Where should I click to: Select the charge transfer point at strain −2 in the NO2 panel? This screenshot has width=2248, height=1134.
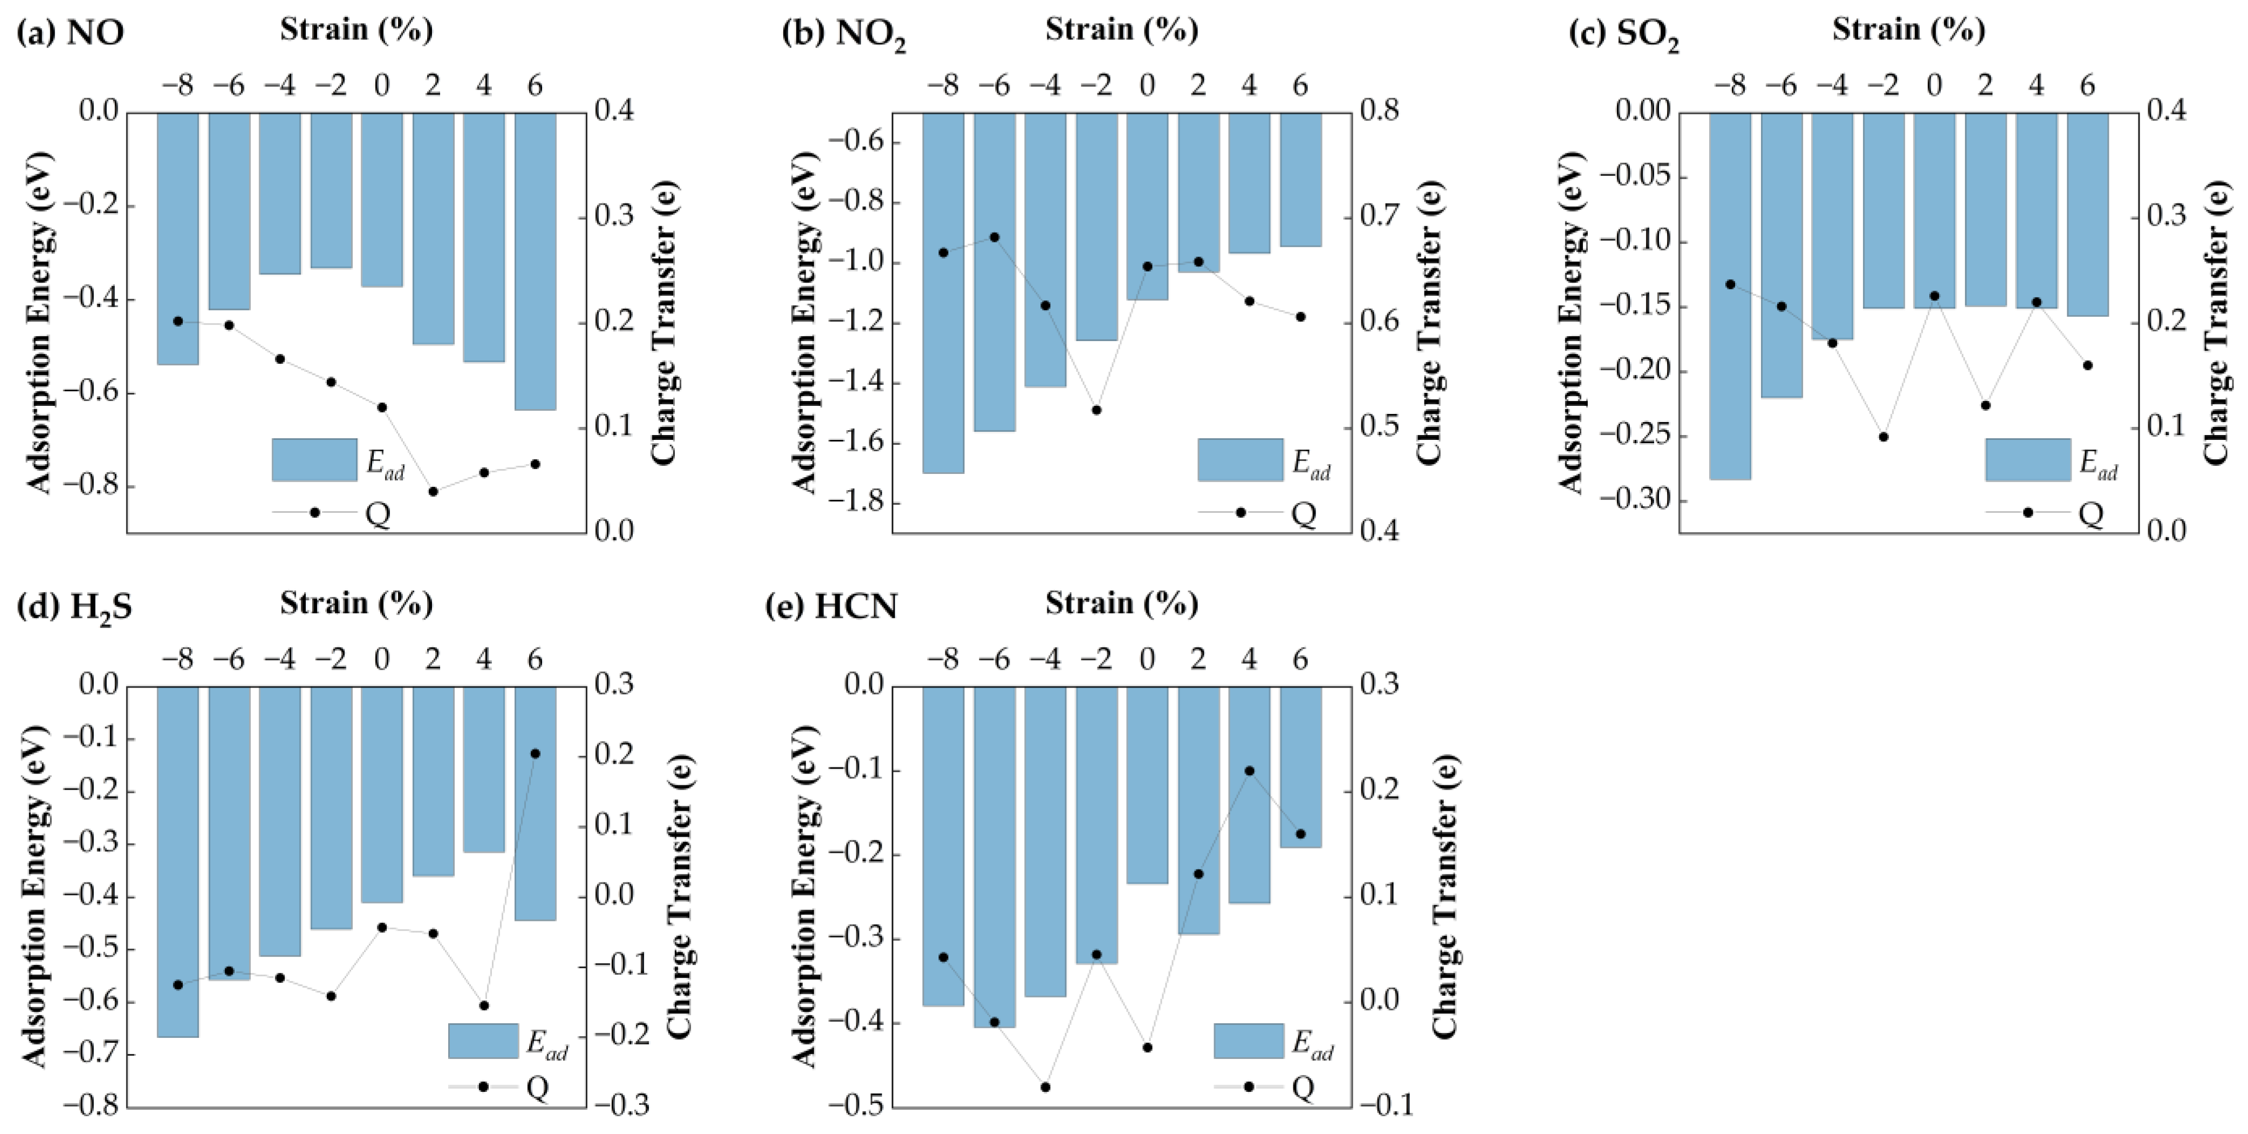click(x=1096, y=410)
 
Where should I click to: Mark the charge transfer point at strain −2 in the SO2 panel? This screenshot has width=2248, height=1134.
click(x=1883, y=437)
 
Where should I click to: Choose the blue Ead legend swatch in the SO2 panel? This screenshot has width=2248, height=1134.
click(x=2027, y=459)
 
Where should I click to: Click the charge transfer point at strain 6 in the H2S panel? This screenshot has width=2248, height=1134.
click(x=535, y=753)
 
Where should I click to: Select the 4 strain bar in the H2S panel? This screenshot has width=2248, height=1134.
click(x=483, y=768)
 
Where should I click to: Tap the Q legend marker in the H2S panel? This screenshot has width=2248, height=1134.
click(x=483, y=1087)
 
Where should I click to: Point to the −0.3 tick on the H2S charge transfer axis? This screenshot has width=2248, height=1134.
click(x=621, y=1106)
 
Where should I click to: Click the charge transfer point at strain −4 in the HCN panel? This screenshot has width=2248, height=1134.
click(x=1045, y=1087)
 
